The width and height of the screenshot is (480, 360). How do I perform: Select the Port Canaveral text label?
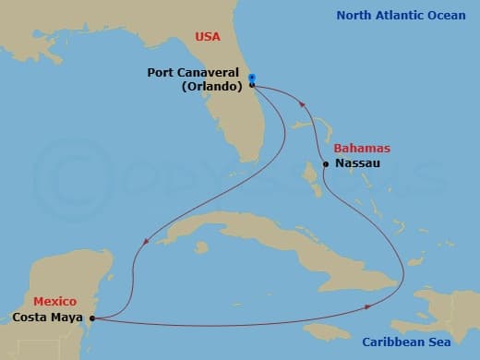(193, 72)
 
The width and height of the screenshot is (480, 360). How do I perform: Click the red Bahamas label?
(361, 148)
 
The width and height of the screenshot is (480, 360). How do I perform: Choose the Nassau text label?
(357, 163)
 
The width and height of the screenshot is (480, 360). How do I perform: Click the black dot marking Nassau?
(326, 164)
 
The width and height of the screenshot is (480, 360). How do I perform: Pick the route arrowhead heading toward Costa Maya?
(145, 243)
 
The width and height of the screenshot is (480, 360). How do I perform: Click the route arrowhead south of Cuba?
(368, 306)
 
